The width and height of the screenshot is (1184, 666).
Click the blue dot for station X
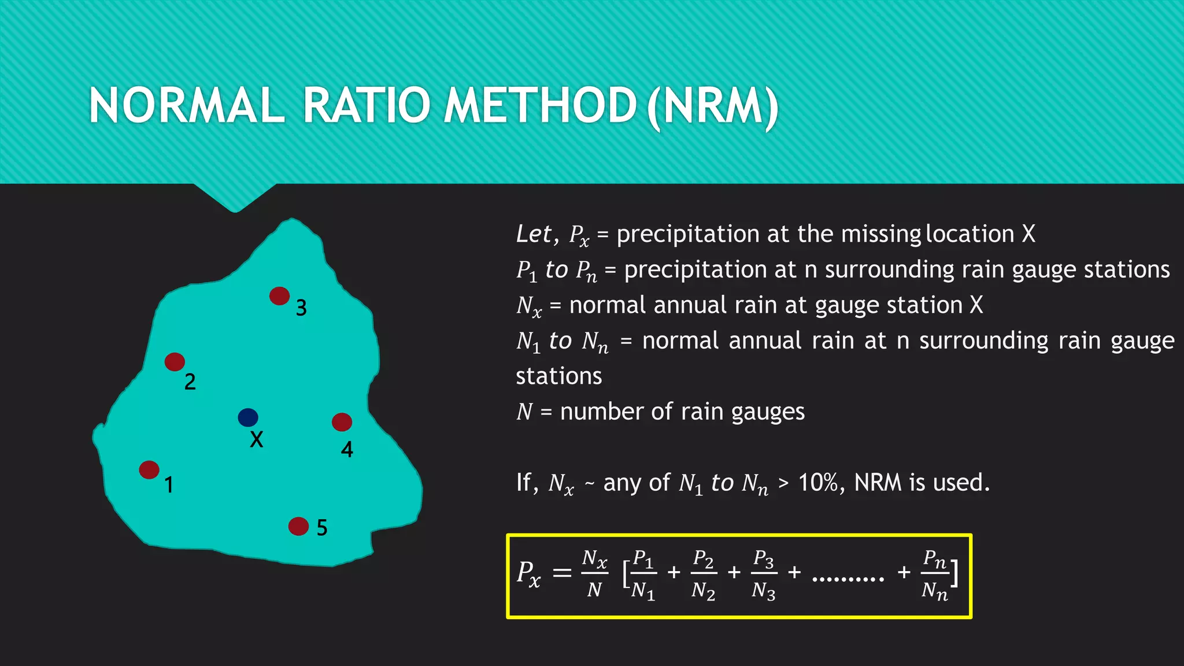[248, 417]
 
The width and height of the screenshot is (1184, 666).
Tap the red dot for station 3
[279, 296]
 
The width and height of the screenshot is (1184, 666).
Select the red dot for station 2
[175, 362]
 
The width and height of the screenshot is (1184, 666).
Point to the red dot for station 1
[149, 469]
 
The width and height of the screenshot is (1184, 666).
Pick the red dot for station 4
[342, 422]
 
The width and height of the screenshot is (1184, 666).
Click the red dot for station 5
[298, 526]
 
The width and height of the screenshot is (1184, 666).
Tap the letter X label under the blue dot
[256, 440]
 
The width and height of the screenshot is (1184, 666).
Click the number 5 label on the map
[322, 528]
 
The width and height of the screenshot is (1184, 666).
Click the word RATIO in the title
[367, 105]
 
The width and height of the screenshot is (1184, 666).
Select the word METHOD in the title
[540, 105]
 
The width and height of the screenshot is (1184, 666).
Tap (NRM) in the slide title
[713, 106]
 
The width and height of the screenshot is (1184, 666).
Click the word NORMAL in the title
[186, 105]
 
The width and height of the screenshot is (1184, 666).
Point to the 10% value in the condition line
[819, 482]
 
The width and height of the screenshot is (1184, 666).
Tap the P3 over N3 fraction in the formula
[764, 575]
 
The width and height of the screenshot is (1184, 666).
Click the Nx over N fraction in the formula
[594, 573]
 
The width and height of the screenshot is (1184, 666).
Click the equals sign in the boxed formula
[562, 573]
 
